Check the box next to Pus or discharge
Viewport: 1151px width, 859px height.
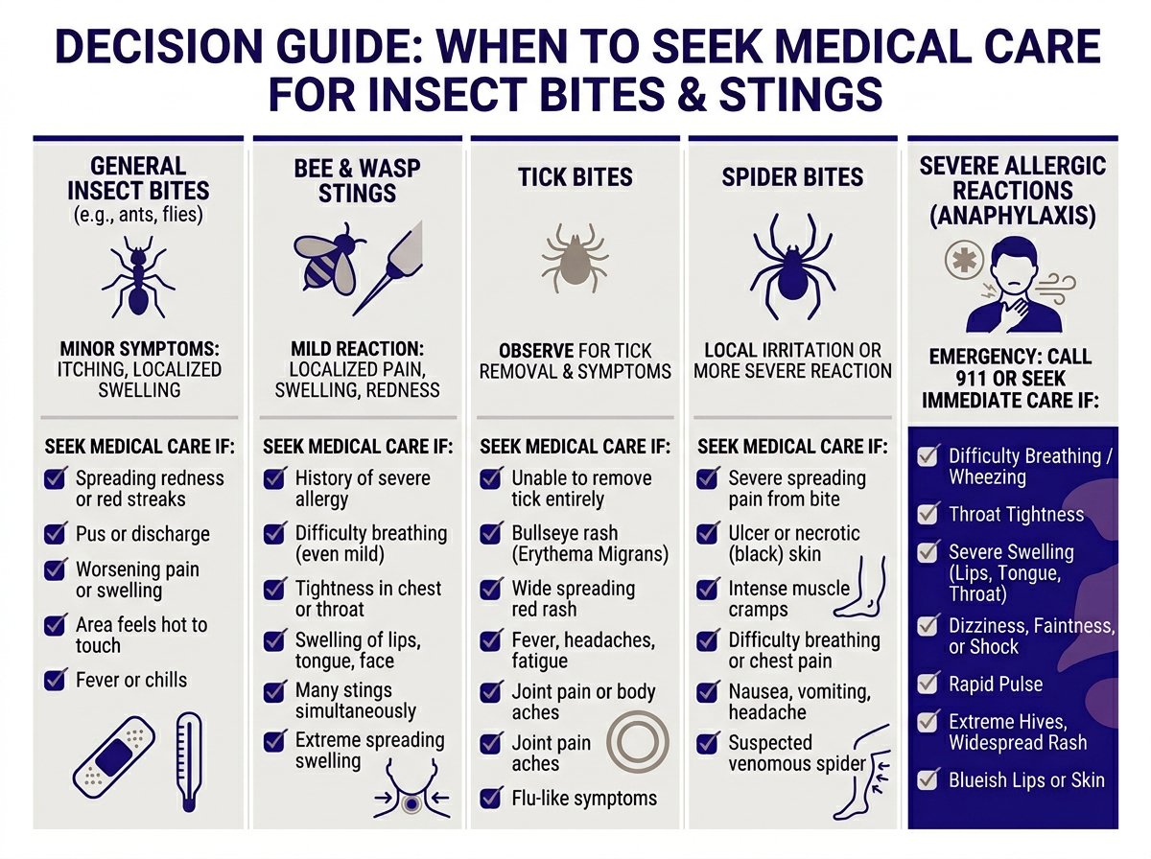(x=56, y=534)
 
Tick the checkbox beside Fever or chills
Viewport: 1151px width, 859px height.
(x=56, y=681)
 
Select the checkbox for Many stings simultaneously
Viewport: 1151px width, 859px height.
(x=275, y=690)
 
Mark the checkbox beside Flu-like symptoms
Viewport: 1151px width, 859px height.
(x=492, y=798)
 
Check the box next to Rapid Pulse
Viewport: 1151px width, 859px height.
(x=928, y=685)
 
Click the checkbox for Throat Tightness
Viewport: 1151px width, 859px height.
(x=928, y=515)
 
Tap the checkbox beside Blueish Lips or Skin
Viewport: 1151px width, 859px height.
(x=928, y=780)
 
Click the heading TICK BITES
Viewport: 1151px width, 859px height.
(x=575, y=177)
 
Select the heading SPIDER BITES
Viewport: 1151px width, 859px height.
(x=792, y=177)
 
